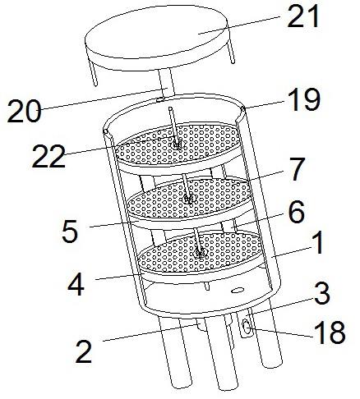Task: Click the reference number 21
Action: click(x=303, y=16)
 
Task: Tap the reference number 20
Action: click(x=24, y=110)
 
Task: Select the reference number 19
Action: click(x=304, y=100)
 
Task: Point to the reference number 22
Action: click(x=48, y=156)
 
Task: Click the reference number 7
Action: click(x=297, y=170)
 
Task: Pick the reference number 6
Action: click(x=297, y=213)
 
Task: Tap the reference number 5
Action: click(x=70, y=232)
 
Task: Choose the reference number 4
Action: click(x=76, y=284)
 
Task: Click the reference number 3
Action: click(x=322, y=294)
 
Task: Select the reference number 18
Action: click(x=330, y=332)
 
